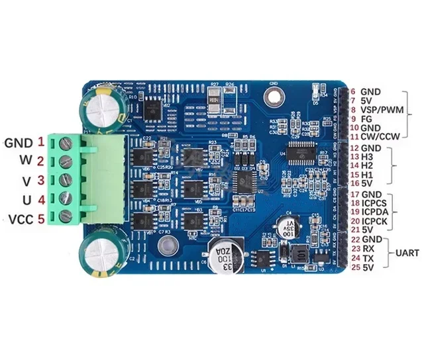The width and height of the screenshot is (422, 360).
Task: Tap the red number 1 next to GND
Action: tap(40, 141)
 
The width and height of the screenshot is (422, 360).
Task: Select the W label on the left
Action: tap(25, 160)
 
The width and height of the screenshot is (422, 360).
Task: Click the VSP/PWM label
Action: tap(384, 110)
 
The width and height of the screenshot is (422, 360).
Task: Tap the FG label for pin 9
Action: tap(366, 119)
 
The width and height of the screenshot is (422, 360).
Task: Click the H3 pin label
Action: tap(368, 156)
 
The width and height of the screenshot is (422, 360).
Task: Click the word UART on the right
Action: tap(405, 253)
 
